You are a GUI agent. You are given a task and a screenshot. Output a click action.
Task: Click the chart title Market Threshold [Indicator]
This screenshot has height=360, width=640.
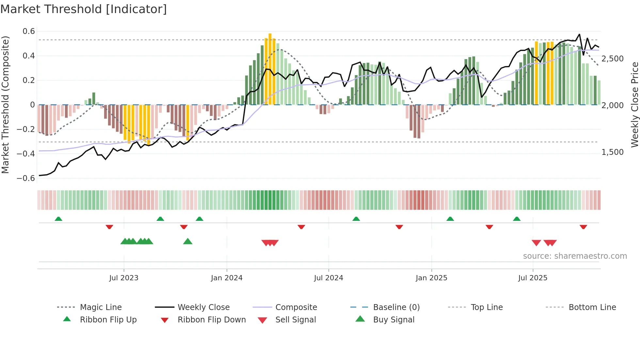coord(84,9)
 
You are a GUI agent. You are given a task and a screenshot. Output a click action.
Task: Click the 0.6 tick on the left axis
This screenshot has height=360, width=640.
coord(29,31)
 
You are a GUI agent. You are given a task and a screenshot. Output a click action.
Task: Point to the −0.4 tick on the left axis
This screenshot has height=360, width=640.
coord(26,154)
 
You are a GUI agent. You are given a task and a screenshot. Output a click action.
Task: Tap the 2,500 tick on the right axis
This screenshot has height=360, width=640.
coord(613,59)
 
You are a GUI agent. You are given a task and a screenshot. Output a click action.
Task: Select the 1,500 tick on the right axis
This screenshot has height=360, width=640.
coord(613,152)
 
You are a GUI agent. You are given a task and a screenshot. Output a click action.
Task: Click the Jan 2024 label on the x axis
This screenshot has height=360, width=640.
coord(227,278)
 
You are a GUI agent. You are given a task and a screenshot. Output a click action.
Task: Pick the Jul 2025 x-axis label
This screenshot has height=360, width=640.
coord(533,278)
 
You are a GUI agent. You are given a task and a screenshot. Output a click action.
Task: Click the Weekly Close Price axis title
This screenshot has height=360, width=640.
coord(634,105)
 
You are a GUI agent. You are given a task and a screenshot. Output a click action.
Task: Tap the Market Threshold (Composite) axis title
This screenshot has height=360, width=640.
coord(5,105)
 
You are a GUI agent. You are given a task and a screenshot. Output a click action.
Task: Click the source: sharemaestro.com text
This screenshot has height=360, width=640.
coord(575,256)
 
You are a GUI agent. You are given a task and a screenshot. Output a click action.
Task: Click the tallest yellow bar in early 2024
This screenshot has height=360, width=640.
coord(270,69)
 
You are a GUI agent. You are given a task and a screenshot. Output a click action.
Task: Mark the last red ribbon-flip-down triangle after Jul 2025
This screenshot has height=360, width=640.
coord(583,227)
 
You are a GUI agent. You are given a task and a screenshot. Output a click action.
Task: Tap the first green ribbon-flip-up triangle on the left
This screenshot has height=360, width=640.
coord(58,219)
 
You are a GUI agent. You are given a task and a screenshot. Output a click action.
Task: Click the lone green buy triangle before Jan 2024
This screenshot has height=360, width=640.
coord(188,241)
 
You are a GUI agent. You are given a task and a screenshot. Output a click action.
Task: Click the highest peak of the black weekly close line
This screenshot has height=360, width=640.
coord(579,34)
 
